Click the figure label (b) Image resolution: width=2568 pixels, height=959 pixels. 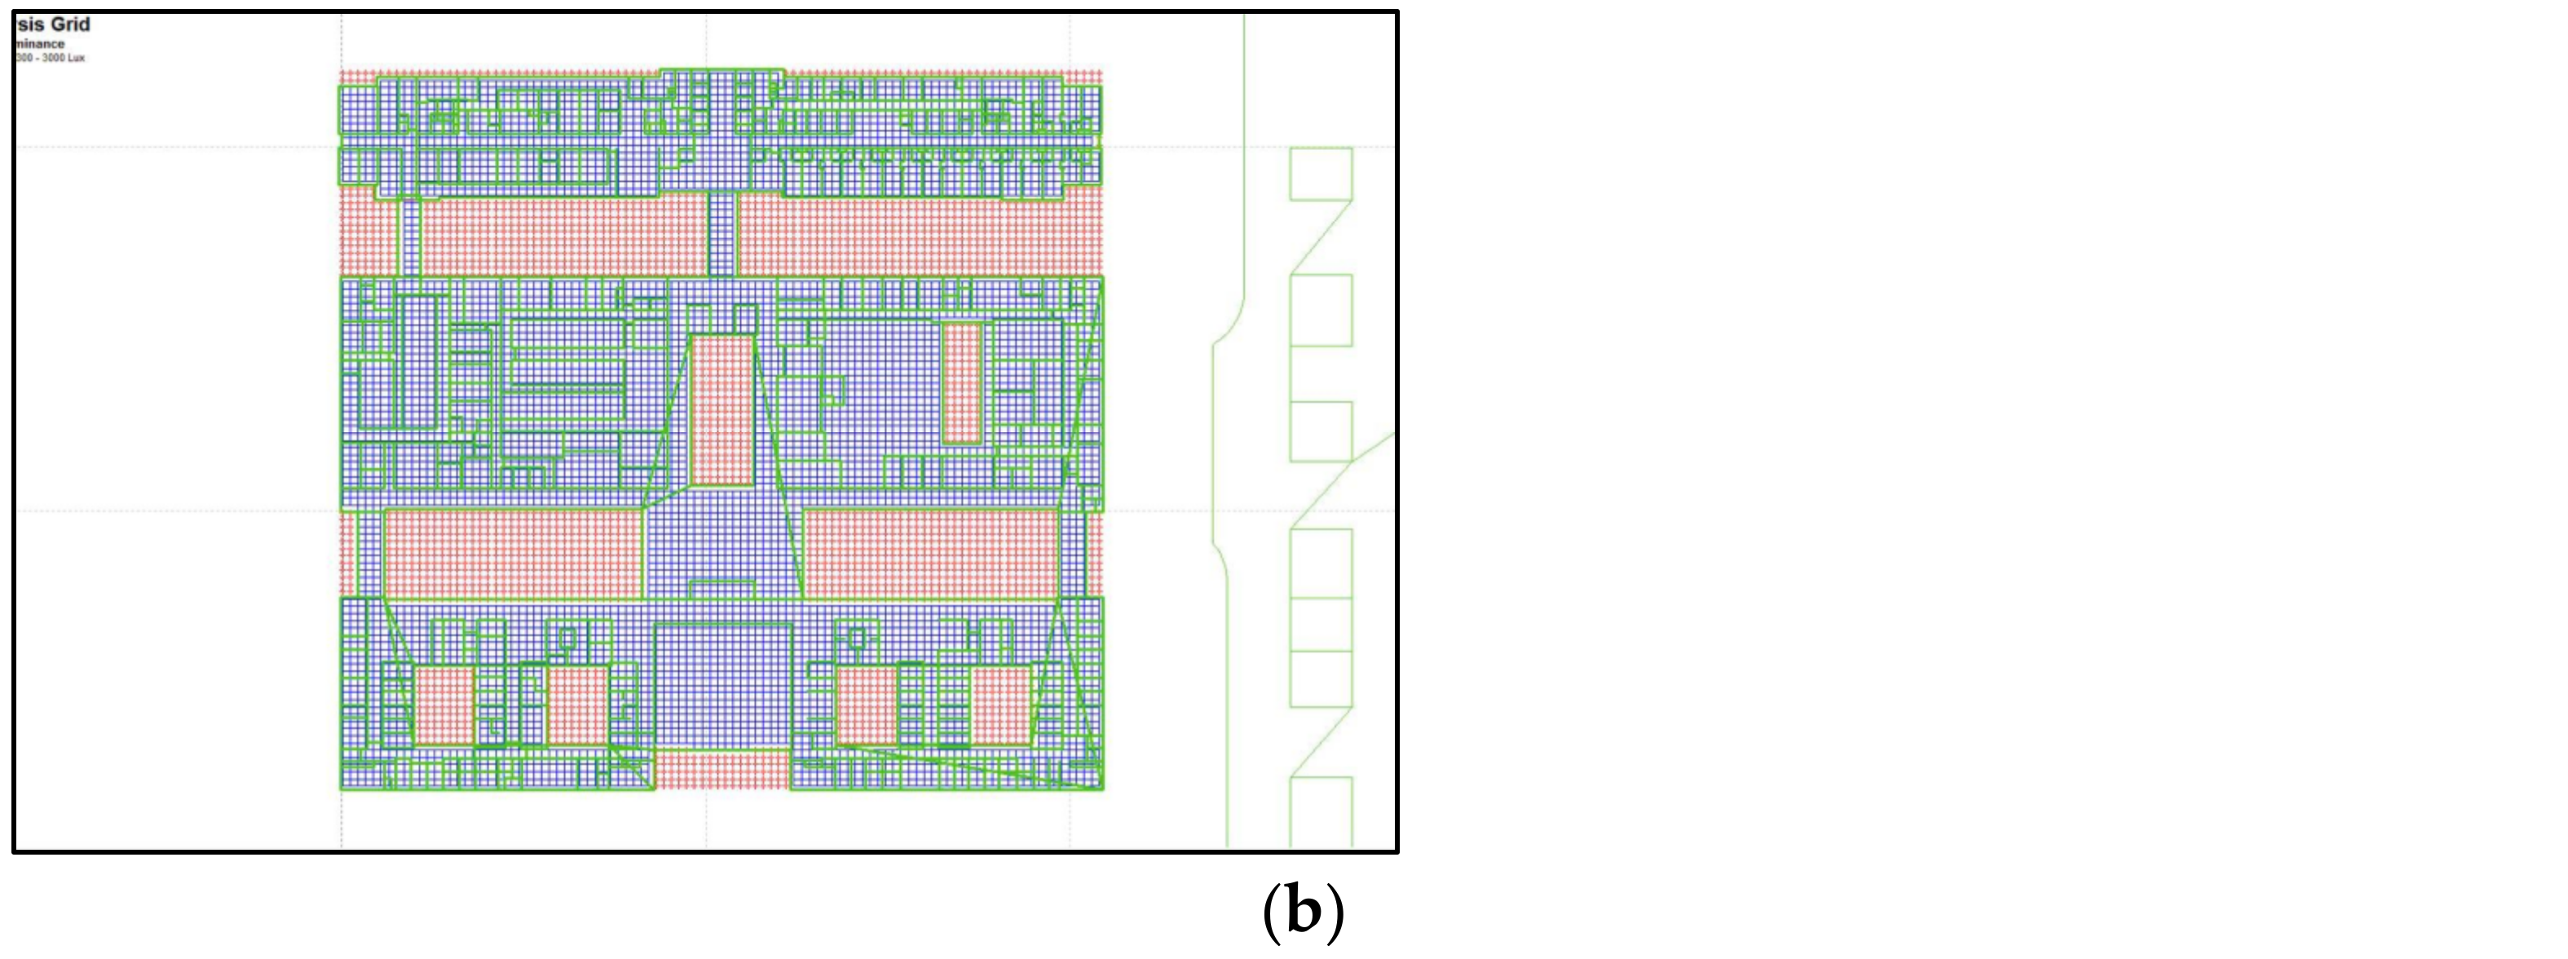click(1303, 911)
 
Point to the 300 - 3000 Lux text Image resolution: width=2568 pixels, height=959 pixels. click(50, 58)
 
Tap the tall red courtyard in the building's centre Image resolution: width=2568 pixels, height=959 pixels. click(721, 409)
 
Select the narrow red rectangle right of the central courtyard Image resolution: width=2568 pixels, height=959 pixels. click(962, 382)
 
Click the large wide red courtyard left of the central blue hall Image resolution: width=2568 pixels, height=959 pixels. click(513, 553)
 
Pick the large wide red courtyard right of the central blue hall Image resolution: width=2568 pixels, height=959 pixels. click(931, 553)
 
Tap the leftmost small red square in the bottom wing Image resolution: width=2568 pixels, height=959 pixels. click(443, 705)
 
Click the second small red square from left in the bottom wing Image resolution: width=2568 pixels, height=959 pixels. click(577, 705)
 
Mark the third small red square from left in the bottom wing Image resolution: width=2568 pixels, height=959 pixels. click(864, 705)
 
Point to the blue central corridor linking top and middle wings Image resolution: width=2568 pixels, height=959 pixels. click(721, 233)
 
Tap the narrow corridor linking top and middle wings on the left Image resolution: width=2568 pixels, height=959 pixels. click(408, 236)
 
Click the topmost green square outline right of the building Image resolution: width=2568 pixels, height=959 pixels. click(1321, 174)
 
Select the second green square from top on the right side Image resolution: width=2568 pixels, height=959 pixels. click(1321, 310)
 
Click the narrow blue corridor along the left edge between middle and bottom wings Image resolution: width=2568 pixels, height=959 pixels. click(368, 553)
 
